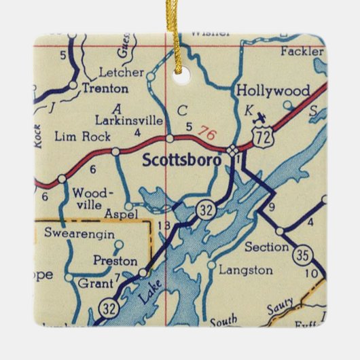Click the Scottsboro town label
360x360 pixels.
181,161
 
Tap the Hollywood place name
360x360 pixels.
272,90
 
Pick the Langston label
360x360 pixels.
246,270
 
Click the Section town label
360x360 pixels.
267,246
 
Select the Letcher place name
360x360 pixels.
121,72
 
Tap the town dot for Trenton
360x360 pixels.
73,85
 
